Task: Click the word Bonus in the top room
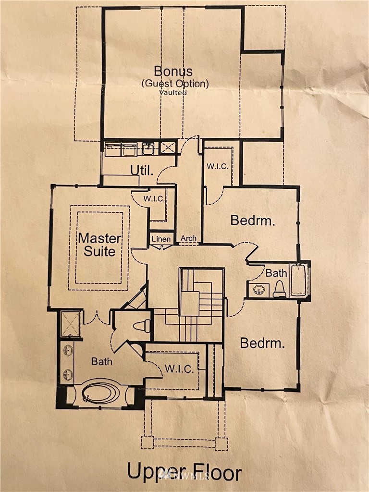[x=173, y=71]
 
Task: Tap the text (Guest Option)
[x=175, y=84]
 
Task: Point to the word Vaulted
[x=173, y=93]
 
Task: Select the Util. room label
[x=142, y=171]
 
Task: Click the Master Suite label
[x=99, y=245]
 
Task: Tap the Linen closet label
[x=161, y=239]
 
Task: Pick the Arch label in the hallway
[x=188, y=238]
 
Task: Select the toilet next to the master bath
[x=142, y=326]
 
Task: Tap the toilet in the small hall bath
[x=279, y=289]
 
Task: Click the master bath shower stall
[x=71, y=324]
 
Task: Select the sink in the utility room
[x=148, y=148]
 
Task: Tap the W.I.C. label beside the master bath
[x=179, y=369]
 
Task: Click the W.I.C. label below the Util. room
[x=154, y=198]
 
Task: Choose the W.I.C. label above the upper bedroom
[x=218, y=166]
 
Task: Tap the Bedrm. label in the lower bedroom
[x=262, y=343]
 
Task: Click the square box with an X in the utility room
[x=168, y=148]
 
